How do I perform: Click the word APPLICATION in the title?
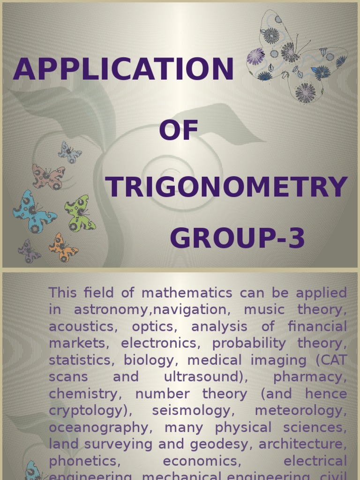click(123, 69)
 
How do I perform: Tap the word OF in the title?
click(178, 130)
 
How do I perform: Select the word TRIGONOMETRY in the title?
click(226, 187)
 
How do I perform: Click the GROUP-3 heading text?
click(237, 238)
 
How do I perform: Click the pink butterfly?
click(48, 176)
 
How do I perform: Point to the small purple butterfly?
click(29, 252)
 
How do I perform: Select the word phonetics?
click(85, 461)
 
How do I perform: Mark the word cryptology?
click(86, 411)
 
